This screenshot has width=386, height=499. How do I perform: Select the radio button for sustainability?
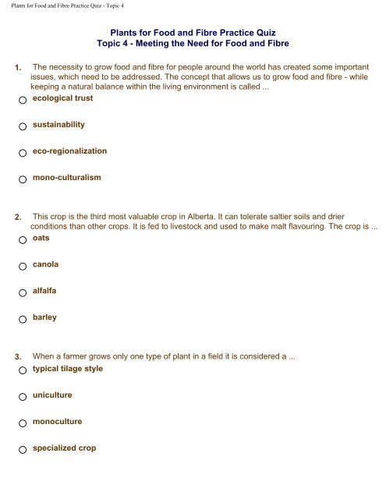23,126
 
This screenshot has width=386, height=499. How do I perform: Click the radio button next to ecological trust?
23,100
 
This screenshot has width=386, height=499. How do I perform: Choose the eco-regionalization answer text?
69,150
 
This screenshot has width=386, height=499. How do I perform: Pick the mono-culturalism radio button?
23,179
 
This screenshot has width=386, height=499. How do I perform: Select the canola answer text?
46,265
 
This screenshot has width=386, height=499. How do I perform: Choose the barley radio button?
23,319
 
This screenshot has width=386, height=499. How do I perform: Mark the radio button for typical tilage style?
23,369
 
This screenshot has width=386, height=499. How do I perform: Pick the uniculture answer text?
52,395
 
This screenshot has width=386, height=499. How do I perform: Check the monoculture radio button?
23,422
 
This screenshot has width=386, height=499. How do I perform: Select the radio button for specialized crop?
23,450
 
